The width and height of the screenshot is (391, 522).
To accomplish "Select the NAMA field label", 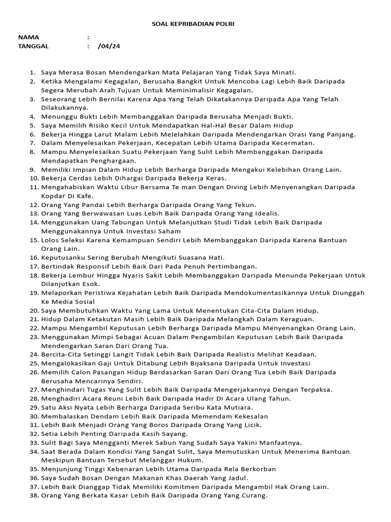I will (29, 37).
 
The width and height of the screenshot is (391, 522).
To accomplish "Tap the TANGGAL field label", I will (34, 46).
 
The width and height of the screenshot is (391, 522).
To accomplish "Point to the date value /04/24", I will (109, 46).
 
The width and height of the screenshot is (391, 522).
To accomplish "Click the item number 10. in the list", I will (34, 178).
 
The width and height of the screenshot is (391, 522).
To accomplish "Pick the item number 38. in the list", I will (34, 495).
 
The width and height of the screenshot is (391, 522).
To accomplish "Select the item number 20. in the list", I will (34, 310).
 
